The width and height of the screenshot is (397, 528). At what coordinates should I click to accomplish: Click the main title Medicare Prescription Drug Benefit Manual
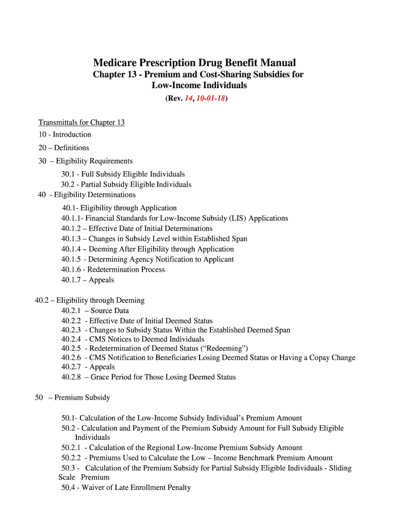click(194, 63)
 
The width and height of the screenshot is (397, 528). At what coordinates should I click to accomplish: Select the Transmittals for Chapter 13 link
click(81, 122)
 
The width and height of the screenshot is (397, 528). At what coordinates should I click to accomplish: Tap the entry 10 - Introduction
click(64, 135)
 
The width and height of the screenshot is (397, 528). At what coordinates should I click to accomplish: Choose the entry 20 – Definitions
click(63, 147)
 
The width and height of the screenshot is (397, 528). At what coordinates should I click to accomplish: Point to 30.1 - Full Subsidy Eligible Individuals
click(123, 174)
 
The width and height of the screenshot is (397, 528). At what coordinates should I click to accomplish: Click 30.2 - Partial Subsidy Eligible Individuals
click(126, 185)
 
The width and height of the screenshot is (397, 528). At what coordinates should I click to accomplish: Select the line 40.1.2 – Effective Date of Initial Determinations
click(137, 228)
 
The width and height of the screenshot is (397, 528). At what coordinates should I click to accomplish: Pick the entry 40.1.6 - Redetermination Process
click(113, 270)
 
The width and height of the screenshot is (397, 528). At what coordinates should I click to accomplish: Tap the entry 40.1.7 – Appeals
click(88, 280)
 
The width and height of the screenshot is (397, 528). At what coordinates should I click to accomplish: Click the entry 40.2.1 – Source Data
click(95, 311)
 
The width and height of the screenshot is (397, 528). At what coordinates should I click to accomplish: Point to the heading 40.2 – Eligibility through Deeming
click(90, 300)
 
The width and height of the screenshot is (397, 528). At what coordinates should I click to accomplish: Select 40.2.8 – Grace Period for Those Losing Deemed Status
click(148, 377)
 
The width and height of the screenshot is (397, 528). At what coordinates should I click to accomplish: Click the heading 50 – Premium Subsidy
click(72, 398)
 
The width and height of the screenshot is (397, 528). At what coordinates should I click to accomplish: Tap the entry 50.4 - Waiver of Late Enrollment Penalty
click(126, 487)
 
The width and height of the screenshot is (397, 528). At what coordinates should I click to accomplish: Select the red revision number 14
click(189, 98)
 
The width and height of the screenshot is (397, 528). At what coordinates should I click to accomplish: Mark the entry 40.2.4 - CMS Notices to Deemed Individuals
click(133, 339)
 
